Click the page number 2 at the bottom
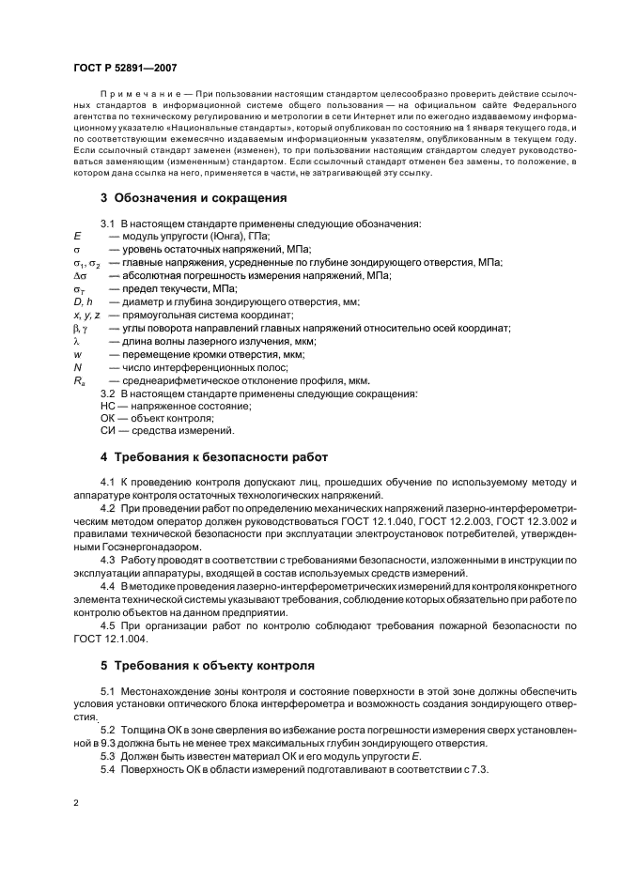[x=75, y=804]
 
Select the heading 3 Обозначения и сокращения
[x=193, y=198]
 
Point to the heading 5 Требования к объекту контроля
[x=207, y=666]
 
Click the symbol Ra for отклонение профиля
[x=79, y=381]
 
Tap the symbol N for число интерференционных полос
[x=77, y=367]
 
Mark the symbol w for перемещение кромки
[x=77, y=354]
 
